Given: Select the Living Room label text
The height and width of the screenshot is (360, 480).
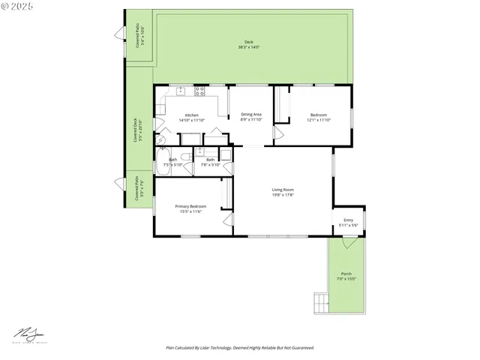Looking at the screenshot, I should tap(283, 192).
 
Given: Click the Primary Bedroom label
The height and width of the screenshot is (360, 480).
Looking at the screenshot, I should tap(190, 208).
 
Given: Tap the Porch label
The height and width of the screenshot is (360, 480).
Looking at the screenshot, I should tap(346, 276).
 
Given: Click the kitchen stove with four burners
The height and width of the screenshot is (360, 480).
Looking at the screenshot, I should tap(199, 91).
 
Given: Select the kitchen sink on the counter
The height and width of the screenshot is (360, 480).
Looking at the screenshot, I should tap(181, 91).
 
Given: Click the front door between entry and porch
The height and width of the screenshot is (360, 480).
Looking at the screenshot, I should tap(348, 243).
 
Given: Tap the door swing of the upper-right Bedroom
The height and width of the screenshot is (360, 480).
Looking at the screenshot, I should tap(277, 133).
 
